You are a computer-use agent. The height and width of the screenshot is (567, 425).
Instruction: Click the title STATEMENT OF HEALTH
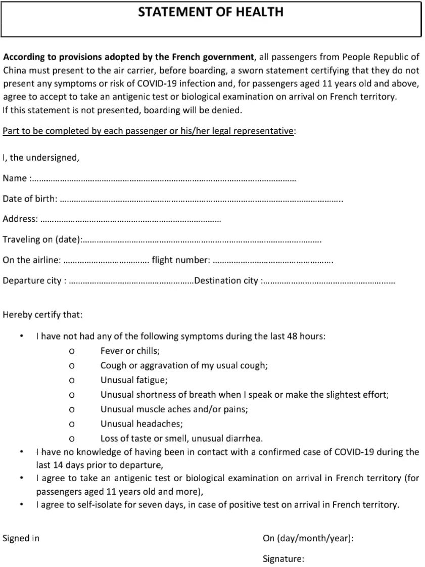(x=211, y=12)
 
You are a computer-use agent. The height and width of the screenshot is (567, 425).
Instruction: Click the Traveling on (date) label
(x=41, y=240)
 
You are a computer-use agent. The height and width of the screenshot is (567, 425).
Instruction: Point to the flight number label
(x=180, y=260)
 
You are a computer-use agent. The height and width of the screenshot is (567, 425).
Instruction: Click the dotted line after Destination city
(x=328, y=281)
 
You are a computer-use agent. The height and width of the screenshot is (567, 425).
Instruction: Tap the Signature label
(x=283, y=559)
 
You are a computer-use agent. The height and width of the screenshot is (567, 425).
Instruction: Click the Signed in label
(x=21, y=538)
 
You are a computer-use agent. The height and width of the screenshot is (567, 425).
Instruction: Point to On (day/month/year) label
(x=308, y=538)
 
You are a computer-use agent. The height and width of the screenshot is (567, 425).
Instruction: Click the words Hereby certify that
(x=42, y=315)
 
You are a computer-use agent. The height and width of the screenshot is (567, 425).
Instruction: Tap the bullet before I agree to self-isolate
(x=21, y=504)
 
